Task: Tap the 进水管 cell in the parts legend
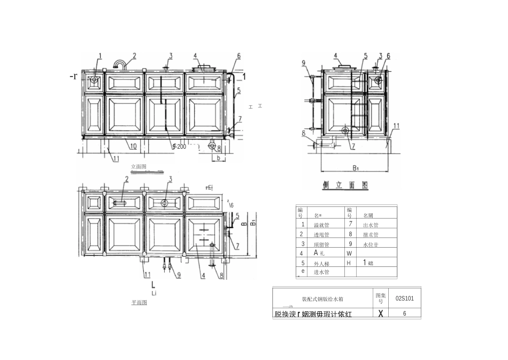pos(321,272)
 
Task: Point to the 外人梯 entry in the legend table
pos(321,263)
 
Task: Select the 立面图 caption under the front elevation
pos(138,166)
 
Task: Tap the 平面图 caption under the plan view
pos(139,303)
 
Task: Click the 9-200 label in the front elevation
pos(179,146)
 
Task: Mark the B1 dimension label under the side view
pos(355,167)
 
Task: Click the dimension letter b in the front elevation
pos(217,158)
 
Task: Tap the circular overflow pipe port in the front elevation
pos(94,80)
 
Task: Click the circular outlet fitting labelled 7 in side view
pos(345,131)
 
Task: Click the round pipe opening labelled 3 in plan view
pos(164,202)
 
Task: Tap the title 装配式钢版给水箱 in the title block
pos(322,300)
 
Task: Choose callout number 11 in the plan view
pos(147,274)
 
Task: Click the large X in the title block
pos(380,313)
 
